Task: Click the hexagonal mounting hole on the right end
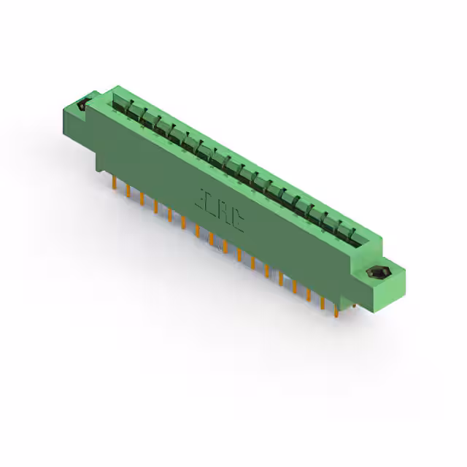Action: coord(376,273)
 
